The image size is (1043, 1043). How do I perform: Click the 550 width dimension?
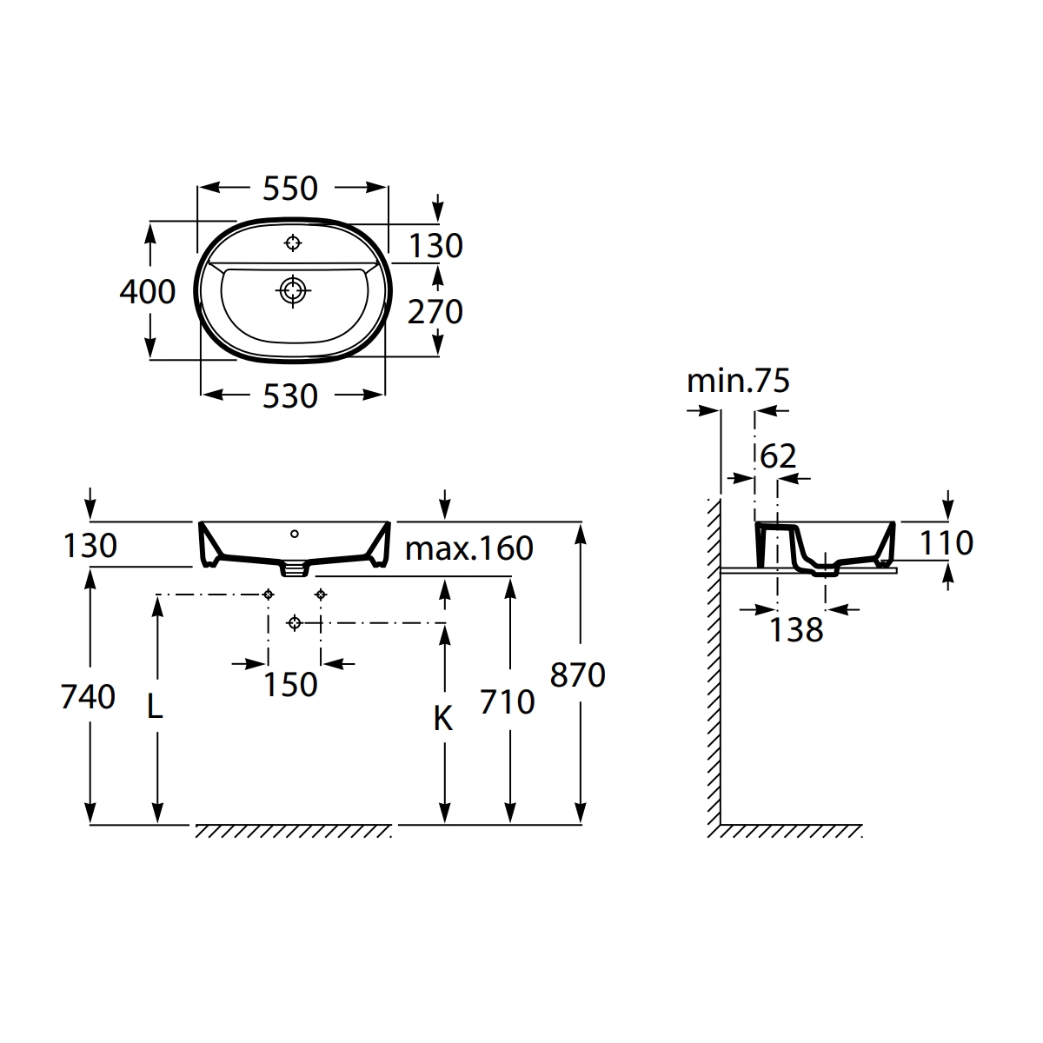pyautogui.click(x=290, y=189)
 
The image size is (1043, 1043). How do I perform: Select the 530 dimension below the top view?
pyautogui.click(x=290, y=396)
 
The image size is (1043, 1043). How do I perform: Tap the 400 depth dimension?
pyautogui.click(x=147, y=292)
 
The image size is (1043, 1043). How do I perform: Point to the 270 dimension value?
pyautogui.click(x=435, y=312)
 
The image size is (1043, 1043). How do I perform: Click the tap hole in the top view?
pyautogui.click(x=293, y=243)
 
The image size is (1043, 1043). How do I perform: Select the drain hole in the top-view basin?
pyautogui.click(x=293, y=291)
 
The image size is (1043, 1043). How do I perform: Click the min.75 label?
pyautogui.click(x=738, y=381)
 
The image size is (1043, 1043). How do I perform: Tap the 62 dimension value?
pyautogui.click(x=778, y=456)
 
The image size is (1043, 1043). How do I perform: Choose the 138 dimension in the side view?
pyautogui.click(x=796, y=629)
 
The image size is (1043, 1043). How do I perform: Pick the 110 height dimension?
pyautogui.click(x=947, y=543)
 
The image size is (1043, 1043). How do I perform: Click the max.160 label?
pyautogui.click(x=468, y=548)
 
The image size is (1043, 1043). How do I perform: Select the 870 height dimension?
pyautogui.click(x=577, y=675)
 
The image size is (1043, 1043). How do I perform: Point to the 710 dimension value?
pyautogui.click(x=507, y=702)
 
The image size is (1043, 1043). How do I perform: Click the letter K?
pyautogui.click(x=443, y=719)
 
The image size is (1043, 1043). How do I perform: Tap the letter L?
pyautogui.click(x=155, y=707)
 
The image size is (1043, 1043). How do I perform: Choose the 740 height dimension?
pyautogui.click(x=88, y=696)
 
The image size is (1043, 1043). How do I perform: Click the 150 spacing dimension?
pyautogui.click(x=290, y=685)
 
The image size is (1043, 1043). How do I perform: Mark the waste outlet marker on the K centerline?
pyautogui.click(x=295, y=623)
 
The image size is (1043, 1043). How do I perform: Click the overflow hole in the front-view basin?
pyautogui.click(x=295, y=534)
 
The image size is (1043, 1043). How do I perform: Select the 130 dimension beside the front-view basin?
pyautogui.click(x=90, y=546)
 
